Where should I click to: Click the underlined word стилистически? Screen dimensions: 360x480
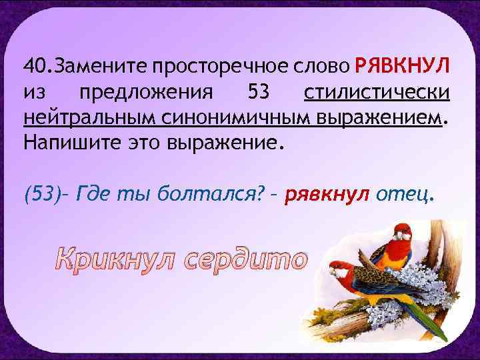376,92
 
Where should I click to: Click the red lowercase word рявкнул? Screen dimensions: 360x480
327,195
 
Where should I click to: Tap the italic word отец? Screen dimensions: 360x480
405,195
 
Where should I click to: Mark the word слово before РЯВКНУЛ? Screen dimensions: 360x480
317,67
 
